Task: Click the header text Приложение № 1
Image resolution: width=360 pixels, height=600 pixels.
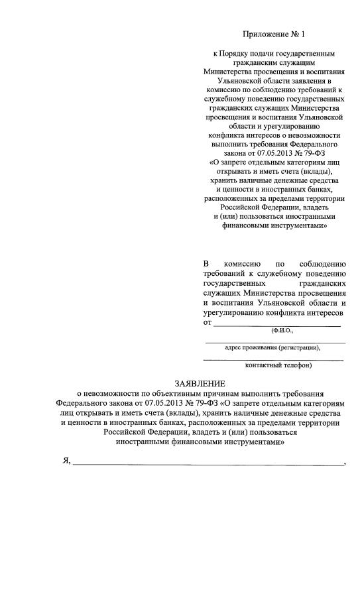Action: point(274,32)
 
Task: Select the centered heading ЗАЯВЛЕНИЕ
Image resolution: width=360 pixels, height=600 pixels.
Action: point(200,383)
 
